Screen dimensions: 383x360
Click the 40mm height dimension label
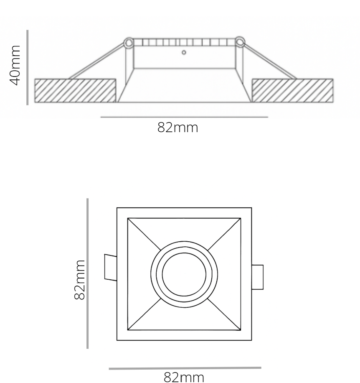[15, 66]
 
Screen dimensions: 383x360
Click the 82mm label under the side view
[177, 128]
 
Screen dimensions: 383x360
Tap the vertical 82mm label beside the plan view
[80, 279]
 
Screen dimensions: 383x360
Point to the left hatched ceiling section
[75, 90]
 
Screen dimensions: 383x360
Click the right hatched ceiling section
[292, 90]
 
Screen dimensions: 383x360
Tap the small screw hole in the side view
[184, 53]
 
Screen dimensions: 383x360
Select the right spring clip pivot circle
[240, 42]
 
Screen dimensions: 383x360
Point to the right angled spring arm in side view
[269, 61]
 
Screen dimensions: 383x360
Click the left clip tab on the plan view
[110, 267]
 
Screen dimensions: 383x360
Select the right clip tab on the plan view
[257, 277]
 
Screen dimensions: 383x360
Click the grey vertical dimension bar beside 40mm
[28, 67]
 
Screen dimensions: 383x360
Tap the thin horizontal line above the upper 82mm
[184, 117]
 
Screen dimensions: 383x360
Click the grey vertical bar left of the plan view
[88, 273]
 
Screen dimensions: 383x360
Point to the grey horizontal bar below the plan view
[185, 368]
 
